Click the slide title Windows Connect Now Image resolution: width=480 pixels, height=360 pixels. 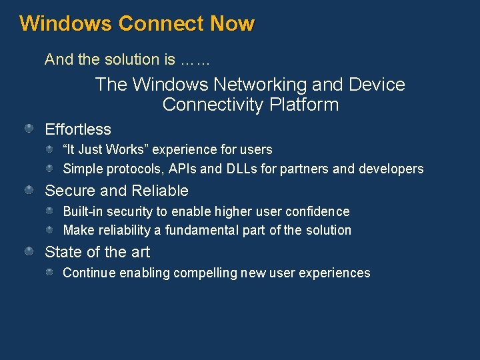pyautogui.click(x=137, y=24)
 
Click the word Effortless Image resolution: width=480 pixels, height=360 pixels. pyautogui.click(x=78, y=129)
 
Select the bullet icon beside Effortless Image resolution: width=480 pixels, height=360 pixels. pyautogui.click(x=30, y=128)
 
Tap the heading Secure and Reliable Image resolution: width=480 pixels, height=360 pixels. pyautogui.click(x=117, y=191)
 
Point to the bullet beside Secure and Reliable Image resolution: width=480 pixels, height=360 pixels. pyautogui.click(x=30, y=190)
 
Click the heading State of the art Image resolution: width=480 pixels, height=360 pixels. pyautogui.click(x=97, y=252)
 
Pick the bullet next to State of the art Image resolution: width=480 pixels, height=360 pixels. pyautogui.click(x=30, y=251)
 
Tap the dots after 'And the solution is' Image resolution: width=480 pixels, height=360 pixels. pyautogui.click(x=195, y=60)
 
